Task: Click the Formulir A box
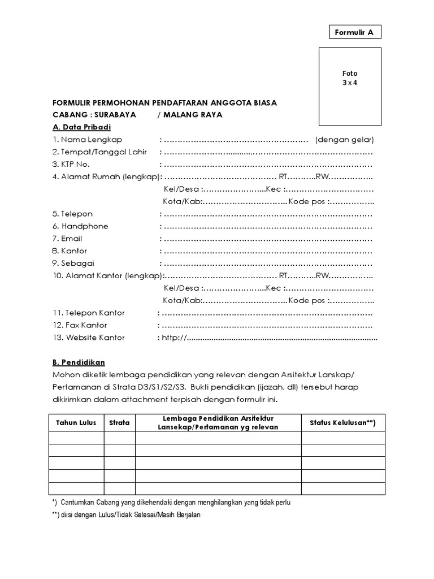pos(355,32)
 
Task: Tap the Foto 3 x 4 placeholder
pos(349,78)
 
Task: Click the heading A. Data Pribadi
pos(81,127)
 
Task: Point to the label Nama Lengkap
pos(91,140)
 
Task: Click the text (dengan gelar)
pos(345,140)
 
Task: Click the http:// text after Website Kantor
pos(174,338)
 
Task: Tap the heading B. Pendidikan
pos(79,362)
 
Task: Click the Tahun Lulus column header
pos(76,422)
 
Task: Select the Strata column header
pos(119,422)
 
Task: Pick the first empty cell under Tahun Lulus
pos(76,438)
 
